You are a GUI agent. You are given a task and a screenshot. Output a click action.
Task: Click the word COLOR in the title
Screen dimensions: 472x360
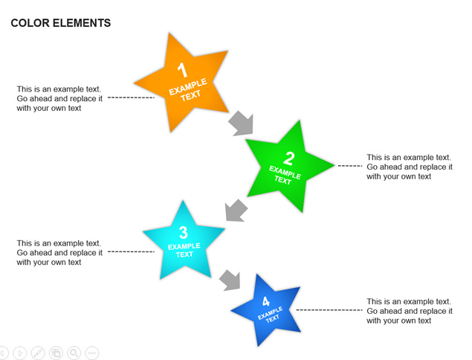pyautogui.click(x=30, y=23)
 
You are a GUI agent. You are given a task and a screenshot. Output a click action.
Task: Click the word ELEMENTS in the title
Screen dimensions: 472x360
pyautogui.click(x=82, y=23)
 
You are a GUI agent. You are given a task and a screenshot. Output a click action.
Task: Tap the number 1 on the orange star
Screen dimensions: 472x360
pyautogui.click(x=182, y=70)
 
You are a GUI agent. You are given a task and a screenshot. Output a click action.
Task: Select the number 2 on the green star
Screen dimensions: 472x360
pyautogui.click(x=289, y=158)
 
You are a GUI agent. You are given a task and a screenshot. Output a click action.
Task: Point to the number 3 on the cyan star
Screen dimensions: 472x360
pyautogui.click(x=184, y=233)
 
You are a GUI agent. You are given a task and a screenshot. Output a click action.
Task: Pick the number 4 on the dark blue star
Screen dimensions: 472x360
pyautogui.click(x=266, y=301)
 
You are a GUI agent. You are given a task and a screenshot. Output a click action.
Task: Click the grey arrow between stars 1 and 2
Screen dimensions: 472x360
pyautogui.click(x=241, y=123)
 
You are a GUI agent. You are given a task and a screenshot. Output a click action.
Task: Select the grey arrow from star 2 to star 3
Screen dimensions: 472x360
pyautogui.click(x=236, y=210)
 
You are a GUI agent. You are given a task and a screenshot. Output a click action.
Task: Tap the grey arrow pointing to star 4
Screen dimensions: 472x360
pyautogui.click(x=230, y=280)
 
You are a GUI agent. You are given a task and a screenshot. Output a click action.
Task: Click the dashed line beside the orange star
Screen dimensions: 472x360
pyautogui.click(x=131, y=97)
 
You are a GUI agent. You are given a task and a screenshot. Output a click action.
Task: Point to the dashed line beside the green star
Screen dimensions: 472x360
pyautogui.click(x=350, y=166)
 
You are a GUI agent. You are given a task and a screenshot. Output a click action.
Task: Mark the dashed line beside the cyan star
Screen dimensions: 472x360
pyautogui.click(x=131, y=251)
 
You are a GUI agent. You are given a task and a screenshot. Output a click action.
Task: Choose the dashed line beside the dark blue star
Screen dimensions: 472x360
pyautogui.click(x=329, y=309)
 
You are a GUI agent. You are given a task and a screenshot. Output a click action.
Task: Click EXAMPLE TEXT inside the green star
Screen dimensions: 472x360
pyautogui.click(x=284, y=175)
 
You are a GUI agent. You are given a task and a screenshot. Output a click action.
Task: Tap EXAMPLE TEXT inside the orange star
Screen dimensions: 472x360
pyautogui.click(x=189, y=90)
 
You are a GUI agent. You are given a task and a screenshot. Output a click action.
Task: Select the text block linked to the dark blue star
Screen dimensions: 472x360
pyautogui.click(x=410, y=311)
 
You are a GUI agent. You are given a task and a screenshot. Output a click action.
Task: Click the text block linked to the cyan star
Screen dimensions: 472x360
pyautogui.click(x=59, y=252)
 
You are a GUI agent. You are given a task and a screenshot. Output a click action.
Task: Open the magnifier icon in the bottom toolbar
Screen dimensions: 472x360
pyautogui.click(x=74, y=353)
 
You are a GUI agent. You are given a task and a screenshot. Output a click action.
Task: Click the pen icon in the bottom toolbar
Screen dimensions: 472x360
pyautogui.click(x=38, y=353)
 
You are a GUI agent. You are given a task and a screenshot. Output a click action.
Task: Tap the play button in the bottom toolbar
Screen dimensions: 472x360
pyautogui.click(x=20, y=353)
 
